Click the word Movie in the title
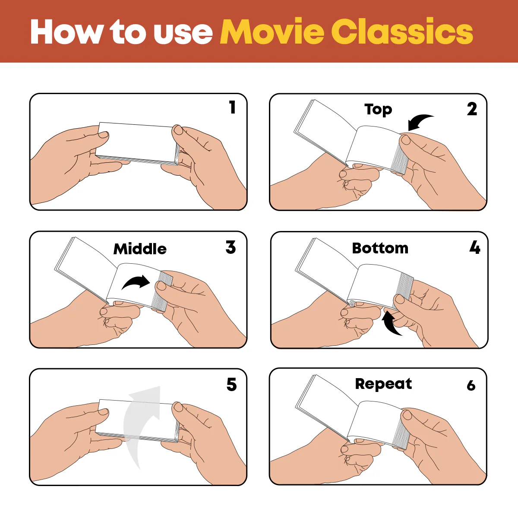[x=272, y=32]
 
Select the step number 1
[x=233, y=107]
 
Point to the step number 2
[x=472, y=109]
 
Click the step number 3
[x=231, y=247]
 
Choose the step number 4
[x=475, y=248]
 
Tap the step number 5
[x=231, y=385]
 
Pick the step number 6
[x=471, y=385]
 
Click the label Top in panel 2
[x=378, y=109]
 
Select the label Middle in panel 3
[x=140, y=249]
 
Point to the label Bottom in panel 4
[x=380, y=248]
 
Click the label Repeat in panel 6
[x=383, y=384]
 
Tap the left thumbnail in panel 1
[x=103, y=134]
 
